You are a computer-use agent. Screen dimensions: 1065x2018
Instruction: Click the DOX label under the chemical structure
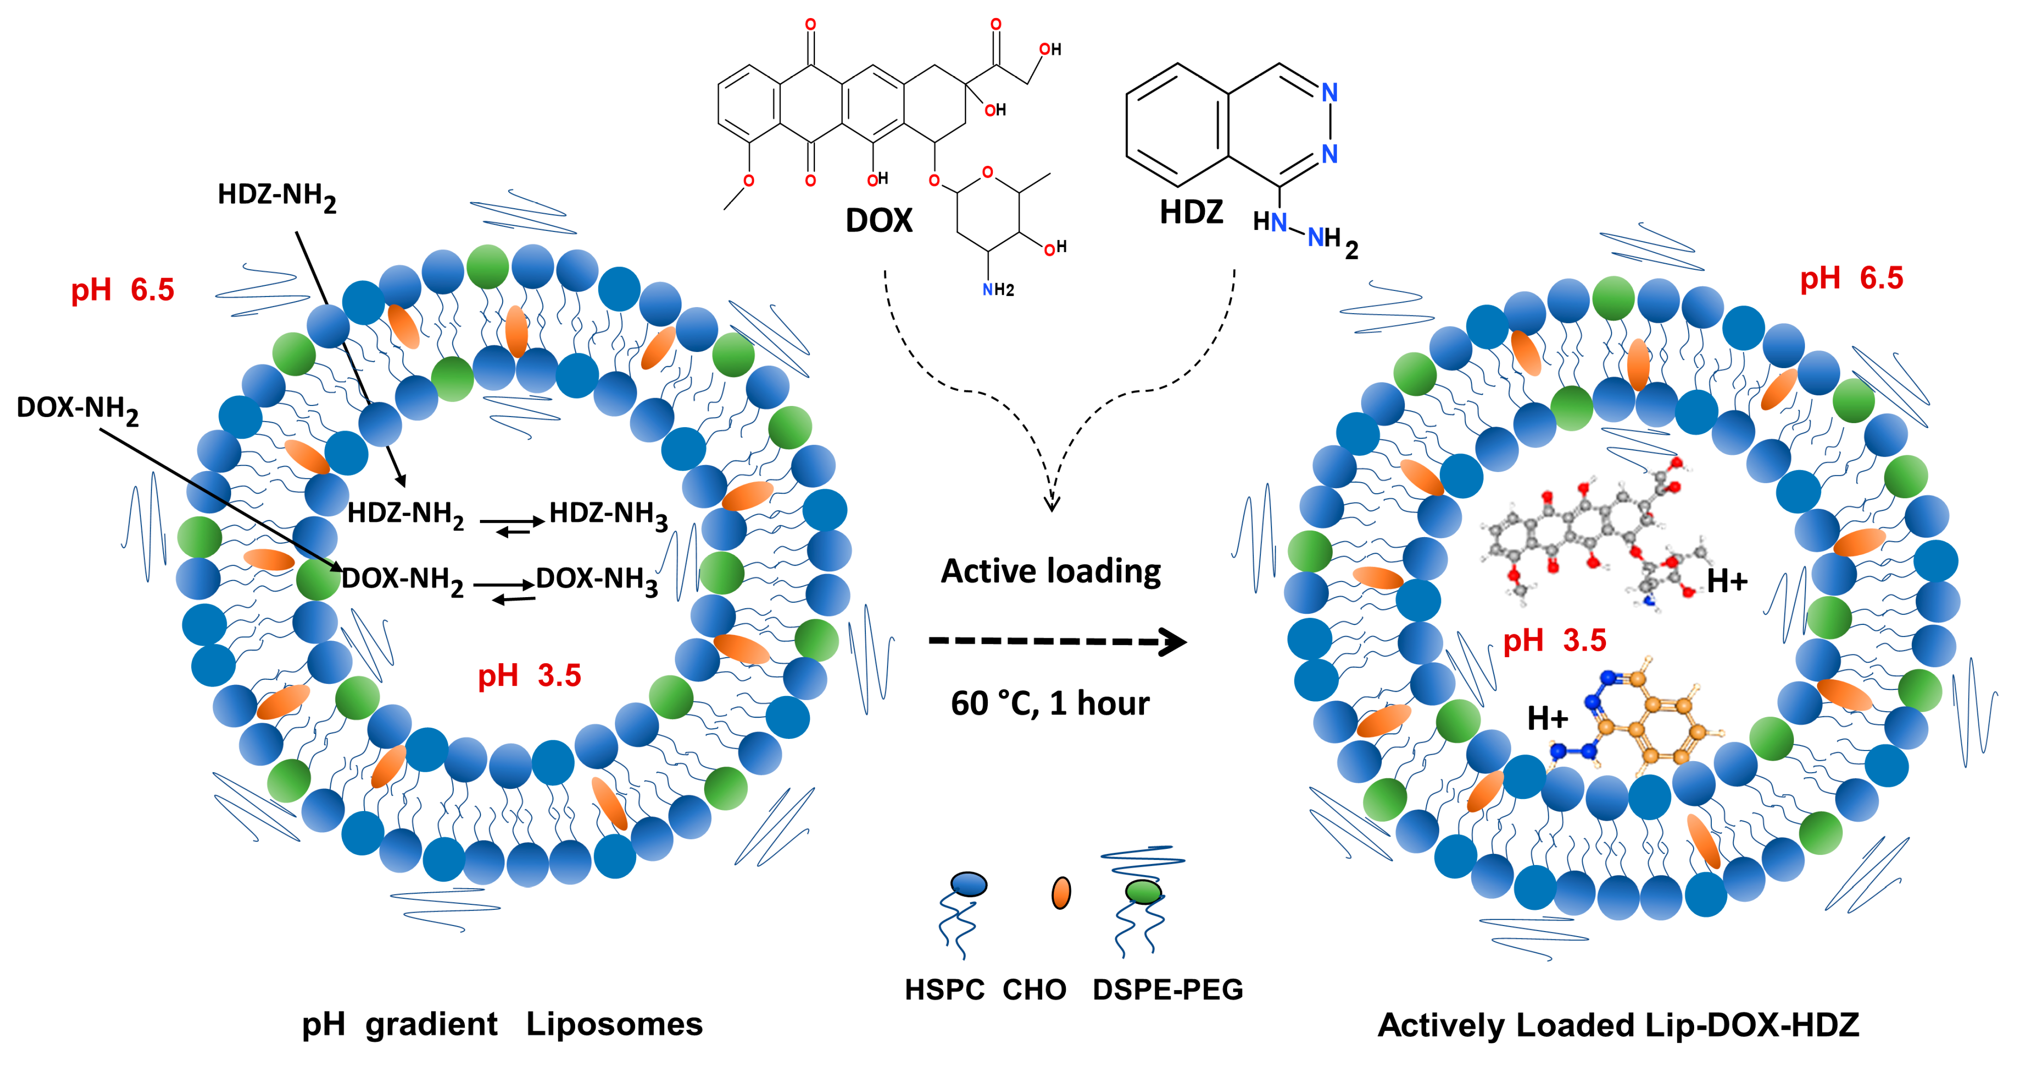pyautogui.click(x=878, y=221)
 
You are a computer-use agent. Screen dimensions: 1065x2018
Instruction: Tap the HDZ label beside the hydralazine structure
pyautogui.click(x=1191, y=212)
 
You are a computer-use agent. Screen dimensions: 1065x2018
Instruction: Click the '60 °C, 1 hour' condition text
pyautogui.click(x=1050, y=703)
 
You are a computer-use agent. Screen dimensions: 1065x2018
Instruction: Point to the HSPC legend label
pyautogui.click(x=944, y=990)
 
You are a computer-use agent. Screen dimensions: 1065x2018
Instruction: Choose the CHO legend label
pyautogui.click(x=1034, y=990)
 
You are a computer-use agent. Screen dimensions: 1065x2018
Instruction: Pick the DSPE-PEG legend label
pyautogui.click(x=1167, y=990)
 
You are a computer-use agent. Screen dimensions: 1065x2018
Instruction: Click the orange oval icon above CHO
pyautogui.click(x=1061, y=893)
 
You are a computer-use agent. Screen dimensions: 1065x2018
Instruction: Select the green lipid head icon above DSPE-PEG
pyautogui.click(x=1143, y=891)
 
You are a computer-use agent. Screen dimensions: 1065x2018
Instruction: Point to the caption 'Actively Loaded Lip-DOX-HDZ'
pyautogui.click(x=1618, y=1025)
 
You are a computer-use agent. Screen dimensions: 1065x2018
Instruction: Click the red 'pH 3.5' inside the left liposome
pyautogui.click(x=529, y=675)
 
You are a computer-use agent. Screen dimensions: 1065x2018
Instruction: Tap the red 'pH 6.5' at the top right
pyautogui.click(x=1851, y=278)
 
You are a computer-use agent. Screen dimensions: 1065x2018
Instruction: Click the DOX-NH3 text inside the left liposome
pyautogui.click(x=596, y=580)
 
